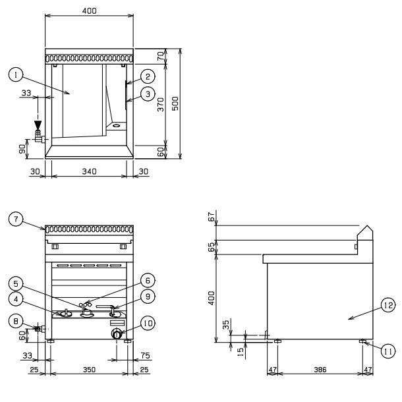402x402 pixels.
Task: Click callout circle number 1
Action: (16, 74)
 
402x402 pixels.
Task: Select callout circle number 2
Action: (148, 76)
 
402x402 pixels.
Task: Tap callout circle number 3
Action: (148, 94)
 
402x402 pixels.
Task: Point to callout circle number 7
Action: (16, 219)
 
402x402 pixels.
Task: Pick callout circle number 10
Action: (148, 323)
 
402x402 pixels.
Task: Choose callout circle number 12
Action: (388, 305)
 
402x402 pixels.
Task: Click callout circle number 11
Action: (388, 351)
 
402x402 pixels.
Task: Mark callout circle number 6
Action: (148, 281)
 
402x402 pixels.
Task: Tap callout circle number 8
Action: (16, 321)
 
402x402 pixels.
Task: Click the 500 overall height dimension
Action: (175, 103)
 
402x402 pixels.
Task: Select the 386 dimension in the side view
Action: (320, 370)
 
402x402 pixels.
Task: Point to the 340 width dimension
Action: (89, 171)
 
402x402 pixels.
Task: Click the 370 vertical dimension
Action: (161, 104)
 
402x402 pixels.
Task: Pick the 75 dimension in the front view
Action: (145, 356)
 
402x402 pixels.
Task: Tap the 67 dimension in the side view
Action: (212, 217)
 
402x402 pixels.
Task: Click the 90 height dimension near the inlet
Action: (22, 149)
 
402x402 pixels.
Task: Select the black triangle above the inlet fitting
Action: (38, 125)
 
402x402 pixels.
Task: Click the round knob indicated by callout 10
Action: (117, 334)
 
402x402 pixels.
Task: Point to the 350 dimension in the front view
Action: (89, 370)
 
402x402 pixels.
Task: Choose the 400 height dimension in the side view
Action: (212, 298)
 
